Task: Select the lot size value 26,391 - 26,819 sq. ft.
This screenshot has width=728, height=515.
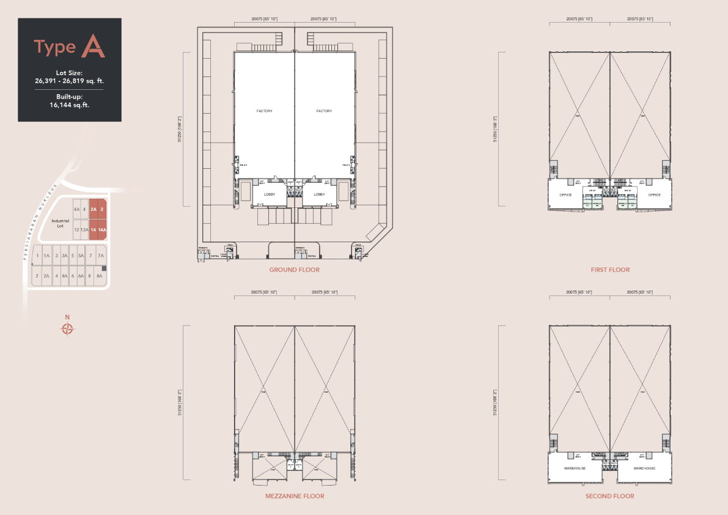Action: click(x=69, y=80)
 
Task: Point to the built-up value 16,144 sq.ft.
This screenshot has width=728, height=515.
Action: click(x=69, y=105)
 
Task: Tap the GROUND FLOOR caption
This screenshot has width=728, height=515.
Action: click(x=294, y=270)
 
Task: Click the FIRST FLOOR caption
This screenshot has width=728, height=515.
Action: click(x=610, y=270)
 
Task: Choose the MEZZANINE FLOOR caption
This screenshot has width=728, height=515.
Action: click(x=294, y=496)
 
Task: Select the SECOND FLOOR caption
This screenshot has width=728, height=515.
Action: click(x=610, y=496)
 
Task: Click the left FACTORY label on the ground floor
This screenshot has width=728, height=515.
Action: click(x=265, y=111)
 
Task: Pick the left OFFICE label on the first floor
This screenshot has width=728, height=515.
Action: click(x=565, y=195)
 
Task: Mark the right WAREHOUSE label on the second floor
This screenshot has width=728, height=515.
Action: click(x=644, y=469)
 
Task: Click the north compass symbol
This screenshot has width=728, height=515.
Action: click(x=68, y=329)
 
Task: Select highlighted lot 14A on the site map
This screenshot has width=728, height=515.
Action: click(x=103, y=230)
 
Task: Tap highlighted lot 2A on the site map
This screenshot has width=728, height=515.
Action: click(x=94, y=209)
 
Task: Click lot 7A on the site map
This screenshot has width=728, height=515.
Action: click(x=101, y=256)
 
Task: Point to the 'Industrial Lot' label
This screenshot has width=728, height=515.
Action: click(x=61, y=223)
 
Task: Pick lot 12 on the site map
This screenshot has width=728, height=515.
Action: click(x=76, y=230)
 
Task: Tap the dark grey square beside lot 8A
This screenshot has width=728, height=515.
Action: click(x=105, y=269)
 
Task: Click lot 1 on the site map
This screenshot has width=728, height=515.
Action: click(x=38, y=256)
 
